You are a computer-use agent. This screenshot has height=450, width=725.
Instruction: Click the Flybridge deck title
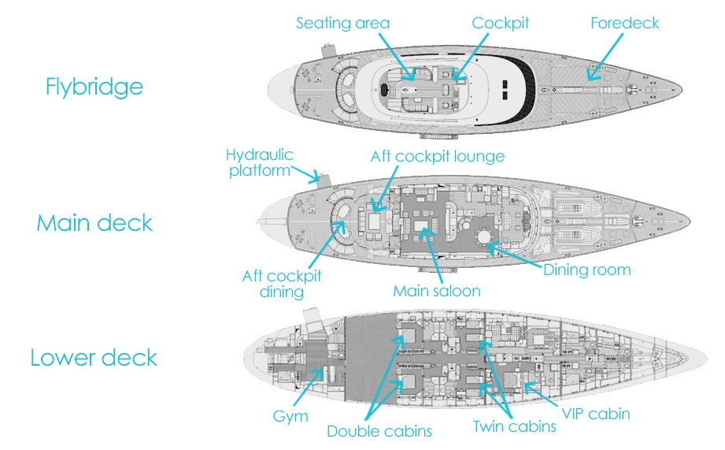click(94, 86)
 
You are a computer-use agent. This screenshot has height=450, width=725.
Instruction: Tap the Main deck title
click(94, 223)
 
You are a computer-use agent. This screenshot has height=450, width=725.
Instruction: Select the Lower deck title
click(94, 358)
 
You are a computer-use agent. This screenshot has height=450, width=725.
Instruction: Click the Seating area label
click(342, 23)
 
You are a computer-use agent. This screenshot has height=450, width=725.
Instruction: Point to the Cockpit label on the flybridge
click(500, 23)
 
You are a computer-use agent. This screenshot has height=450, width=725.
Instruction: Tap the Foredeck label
click(624, 23)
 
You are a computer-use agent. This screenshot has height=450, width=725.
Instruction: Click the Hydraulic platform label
click(259, 162)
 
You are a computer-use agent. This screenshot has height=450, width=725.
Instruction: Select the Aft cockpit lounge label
click(437, 156)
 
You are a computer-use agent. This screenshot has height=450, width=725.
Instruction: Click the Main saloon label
click(436, 291)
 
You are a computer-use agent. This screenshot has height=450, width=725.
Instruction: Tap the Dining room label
click(587, 270)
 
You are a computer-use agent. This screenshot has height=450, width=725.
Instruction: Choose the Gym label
click(291, 416)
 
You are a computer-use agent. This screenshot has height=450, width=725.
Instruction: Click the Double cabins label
click(379, 431)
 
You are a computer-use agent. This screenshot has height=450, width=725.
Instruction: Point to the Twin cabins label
click(514, 426)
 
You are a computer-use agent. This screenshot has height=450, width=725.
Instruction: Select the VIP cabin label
click(595, 413)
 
